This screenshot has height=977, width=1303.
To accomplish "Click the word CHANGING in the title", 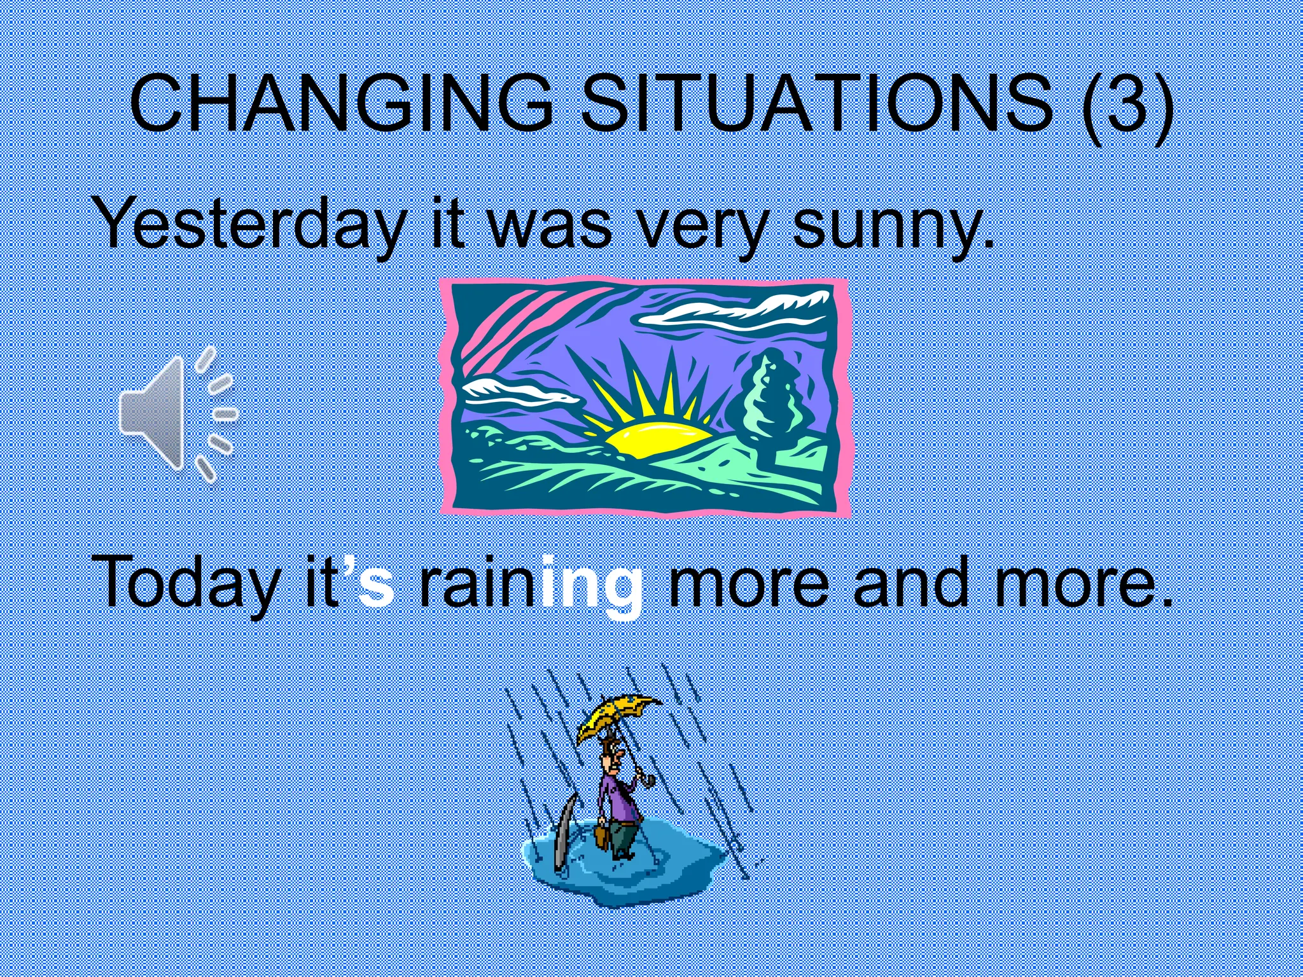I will [x=340, y=103].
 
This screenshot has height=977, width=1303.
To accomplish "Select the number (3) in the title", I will [x=1126, y=103].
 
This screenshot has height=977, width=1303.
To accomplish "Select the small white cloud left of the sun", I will [x=515, y=391].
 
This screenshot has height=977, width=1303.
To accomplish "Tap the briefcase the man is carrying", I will [x=601, y=836].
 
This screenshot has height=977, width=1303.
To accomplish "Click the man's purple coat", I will [x=616, y=798].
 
